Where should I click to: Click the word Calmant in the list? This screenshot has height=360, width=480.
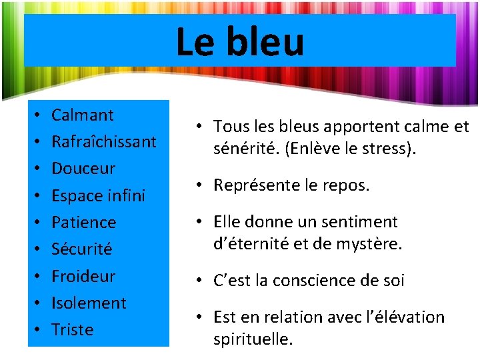[83, 115]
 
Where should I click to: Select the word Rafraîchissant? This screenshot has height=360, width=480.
[104, 142]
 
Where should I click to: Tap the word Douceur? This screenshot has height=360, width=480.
[83, 169]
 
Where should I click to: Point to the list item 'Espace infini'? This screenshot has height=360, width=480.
[98, 196]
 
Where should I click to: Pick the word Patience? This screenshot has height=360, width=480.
[83, 223]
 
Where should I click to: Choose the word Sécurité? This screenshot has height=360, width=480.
[82, 249]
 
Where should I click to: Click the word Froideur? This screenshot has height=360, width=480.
[83, 276]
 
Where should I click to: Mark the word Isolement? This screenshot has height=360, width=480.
[89, 303]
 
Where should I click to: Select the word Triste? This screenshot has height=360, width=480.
[72, 329]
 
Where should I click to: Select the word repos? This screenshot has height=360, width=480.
[345, 185]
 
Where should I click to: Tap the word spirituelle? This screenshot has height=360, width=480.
[253, 339]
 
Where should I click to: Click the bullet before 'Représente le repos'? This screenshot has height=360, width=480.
[201, 185]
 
